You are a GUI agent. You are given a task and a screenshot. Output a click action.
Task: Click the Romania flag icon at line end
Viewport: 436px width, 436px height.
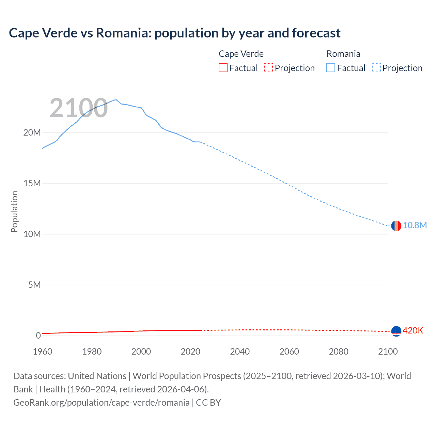[x=396, y=225]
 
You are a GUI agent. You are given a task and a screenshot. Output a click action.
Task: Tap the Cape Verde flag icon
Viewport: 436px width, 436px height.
[x=396, y=331]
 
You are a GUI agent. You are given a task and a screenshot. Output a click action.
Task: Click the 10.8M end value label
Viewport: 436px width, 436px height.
[x=415, y=225]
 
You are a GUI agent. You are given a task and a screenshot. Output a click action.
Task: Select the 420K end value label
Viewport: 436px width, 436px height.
[x=413, y=330]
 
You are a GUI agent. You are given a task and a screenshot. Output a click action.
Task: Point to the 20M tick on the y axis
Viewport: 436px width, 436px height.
[x=32, y=133]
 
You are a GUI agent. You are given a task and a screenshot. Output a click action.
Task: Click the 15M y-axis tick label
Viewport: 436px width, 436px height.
[x=32, y=183]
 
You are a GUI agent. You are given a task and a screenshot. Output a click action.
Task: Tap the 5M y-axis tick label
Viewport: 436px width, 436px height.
[x=34, y=285]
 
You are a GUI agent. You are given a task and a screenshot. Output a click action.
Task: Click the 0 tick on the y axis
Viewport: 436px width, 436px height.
[x=38, y=336]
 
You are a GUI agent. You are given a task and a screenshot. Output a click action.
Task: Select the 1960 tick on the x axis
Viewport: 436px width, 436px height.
[x=43, y=352]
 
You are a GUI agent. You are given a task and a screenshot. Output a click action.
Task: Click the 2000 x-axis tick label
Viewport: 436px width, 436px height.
[x=141, y=352]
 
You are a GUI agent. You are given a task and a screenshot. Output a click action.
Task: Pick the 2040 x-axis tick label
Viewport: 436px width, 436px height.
[x=240, y=352]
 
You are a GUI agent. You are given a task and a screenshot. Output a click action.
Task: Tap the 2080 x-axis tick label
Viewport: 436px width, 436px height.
[x=339, y=352]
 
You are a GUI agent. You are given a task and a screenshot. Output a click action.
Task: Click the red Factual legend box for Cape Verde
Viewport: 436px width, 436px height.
[x=223, y=68]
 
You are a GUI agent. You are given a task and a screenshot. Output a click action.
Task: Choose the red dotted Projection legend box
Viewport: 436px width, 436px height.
[x=268, y=68]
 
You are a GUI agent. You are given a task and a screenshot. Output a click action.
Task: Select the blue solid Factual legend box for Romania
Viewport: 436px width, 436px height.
[x=331, y=68]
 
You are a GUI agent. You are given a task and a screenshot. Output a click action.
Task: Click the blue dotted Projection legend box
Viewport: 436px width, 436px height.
[x=376, y=68]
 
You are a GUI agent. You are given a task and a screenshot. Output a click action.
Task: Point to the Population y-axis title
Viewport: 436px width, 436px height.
[x=14, y=212]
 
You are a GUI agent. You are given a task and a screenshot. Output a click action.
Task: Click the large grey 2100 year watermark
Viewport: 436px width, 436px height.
[x=79, y=108]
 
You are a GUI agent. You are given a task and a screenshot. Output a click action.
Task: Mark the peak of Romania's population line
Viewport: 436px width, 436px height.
[x=116, y=100]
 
